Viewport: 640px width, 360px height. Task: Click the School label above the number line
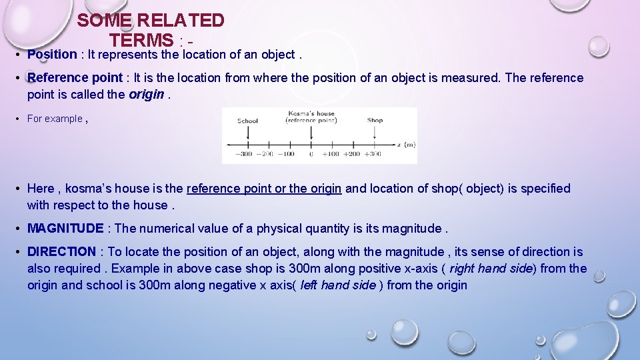click(x=247, y=121)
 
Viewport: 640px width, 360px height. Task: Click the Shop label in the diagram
click(x=375, y=121)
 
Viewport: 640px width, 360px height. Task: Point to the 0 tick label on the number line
click(x=311, y=154)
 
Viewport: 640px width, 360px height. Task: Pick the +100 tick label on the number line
click(x=331, y=154)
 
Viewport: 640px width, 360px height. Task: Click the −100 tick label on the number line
click(x=285, y=154)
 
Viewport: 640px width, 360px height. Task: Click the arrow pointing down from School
click(x=247, y=133)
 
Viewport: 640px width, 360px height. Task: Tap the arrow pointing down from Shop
click(x=375, y=133)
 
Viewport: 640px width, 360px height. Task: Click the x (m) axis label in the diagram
click(x=405, y=145)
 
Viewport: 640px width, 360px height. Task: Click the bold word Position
click(x=52, y=55)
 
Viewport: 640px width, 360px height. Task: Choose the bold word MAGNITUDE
click(x=65, y=229)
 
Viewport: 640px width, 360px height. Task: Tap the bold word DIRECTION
click(x=61, y=252)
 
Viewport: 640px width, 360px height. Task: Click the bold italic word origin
click(x=145, y=95)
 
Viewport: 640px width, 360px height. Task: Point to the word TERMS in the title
click(x=141, y=40)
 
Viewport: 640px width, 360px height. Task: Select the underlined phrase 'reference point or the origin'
click(x=264, y=189)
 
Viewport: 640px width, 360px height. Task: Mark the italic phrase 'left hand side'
click(x=338, y=285)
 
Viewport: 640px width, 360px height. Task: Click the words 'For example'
click(x=55, y=119)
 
